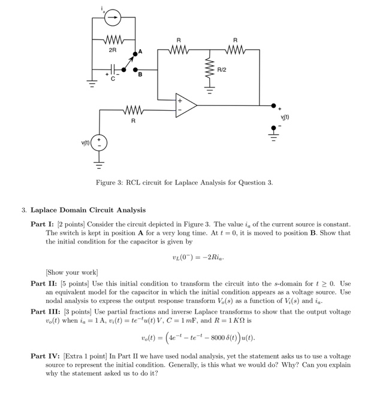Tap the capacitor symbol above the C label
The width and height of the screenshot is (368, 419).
click(113, 69)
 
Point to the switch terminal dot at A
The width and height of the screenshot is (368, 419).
click(135, 54)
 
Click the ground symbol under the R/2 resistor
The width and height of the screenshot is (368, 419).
click(210, 90)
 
